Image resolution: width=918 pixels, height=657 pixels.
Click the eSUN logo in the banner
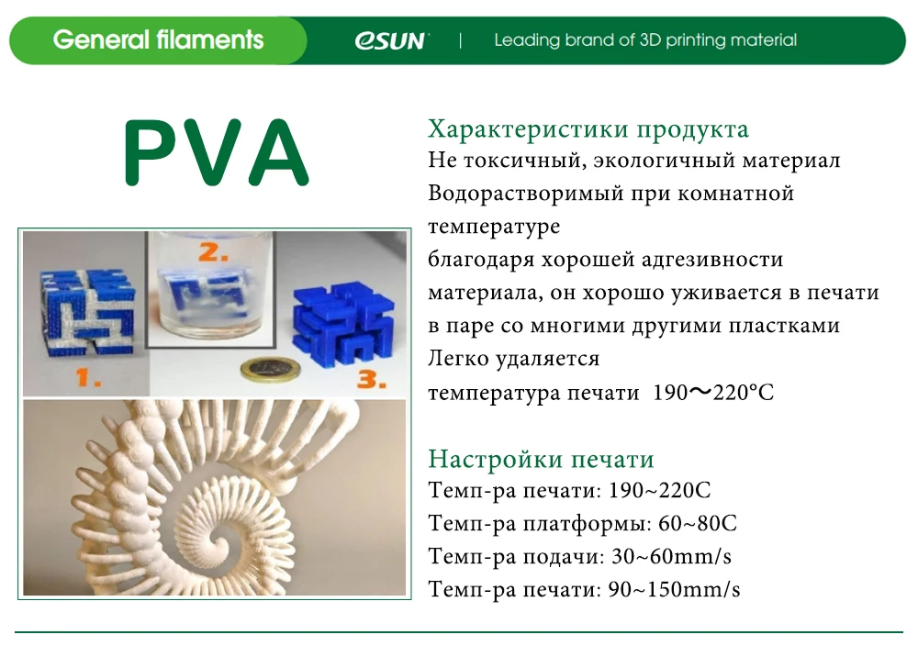[390, 40]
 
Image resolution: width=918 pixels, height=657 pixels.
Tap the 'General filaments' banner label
[158, 40]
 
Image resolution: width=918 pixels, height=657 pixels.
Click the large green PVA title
[216, 153]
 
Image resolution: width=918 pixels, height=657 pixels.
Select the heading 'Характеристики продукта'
[588, 128]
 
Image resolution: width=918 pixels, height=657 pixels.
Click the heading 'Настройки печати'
[541, 459]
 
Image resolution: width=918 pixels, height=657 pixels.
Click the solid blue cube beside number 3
[341, 321]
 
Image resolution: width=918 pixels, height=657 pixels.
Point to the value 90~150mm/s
[674, 589]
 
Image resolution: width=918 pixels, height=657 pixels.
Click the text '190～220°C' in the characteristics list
[713, 393]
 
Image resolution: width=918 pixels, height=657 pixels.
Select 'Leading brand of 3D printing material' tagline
[645, 40]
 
